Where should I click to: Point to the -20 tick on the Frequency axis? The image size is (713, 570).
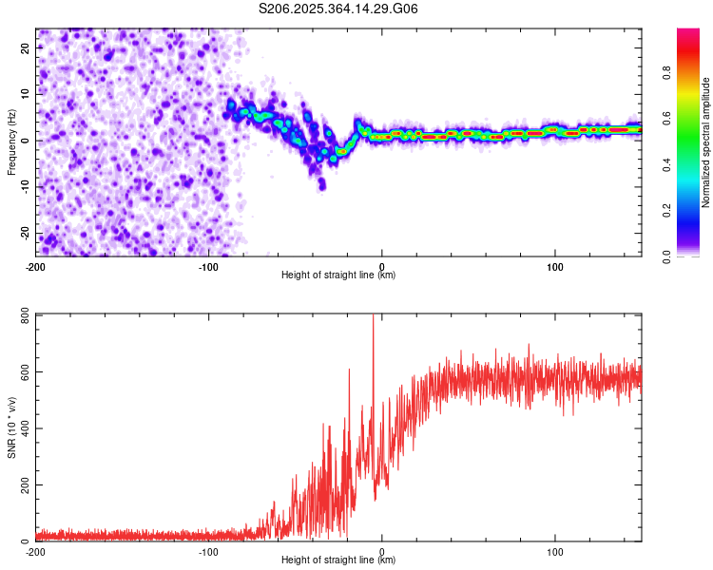tap(26, 234)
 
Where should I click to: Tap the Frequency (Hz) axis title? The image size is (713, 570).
tap(12, 141)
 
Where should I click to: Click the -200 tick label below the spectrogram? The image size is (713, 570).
tap(36, 265)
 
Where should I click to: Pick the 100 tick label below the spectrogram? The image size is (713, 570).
tap(555, 265)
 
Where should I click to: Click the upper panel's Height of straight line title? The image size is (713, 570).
tap(338, 275)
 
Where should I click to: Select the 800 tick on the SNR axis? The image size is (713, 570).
tap(26, 314)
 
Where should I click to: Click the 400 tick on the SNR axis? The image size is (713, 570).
tap(26, 428)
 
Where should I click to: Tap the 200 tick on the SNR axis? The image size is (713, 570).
tap(26, 484)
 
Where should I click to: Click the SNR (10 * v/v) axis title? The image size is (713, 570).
tap(12, 427)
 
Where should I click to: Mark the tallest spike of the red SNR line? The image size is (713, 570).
tap(373, 316)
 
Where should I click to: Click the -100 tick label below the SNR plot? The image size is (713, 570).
tap(208, 551)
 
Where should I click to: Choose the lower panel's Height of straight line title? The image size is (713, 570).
tap(338, 560)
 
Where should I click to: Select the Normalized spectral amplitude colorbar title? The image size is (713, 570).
tap(706, 142)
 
